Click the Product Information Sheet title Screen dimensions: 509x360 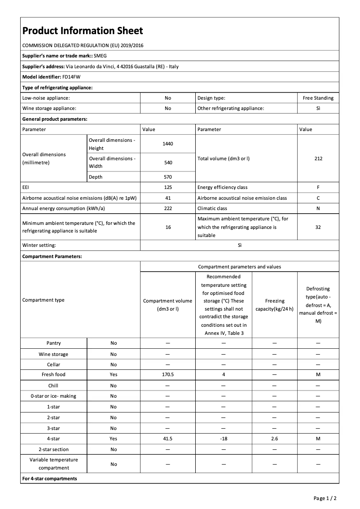(83, 31)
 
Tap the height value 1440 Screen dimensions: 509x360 (168, 144)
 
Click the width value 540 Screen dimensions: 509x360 (168, 162)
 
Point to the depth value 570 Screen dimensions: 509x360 (168, 177)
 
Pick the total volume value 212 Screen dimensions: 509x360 (318, 158)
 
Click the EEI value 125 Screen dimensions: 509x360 (168, 187)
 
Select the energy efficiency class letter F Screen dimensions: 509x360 (318, 187)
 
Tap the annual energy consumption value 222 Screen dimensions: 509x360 (168, 208)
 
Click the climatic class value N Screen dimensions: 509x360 (318, 208)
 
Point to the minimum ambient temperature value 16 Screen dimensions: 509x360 (168, 227)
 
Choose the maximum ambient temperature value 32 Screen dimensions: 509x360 (318, 227)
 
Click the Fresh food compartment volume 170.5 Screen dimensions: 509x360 (168, 374)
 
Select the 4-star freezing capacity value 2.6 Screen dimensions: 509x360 (274, 439)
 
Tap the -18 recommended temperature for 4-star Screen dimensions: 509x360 (224, 439)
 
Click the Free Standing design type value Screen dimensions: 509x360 (318, 98)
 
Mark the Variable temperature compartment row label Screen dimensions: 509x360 (53, 464)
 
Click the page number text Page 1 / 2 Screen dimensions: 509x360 (325, 498)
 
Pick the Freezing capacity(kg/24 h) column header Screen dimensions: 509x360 (274, 305)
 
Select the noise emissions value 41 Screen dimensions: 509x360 (168, 198)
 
